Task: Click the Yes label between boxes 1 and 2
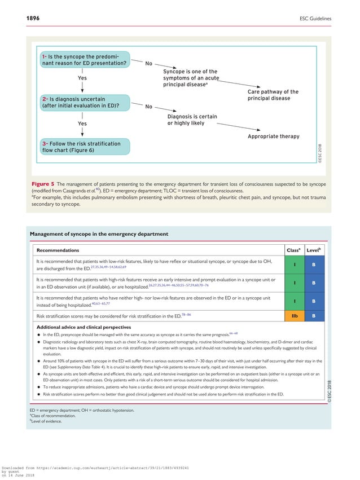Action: (x=82, y=78)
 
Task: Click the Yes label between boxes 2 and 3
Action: (x=82, y=123)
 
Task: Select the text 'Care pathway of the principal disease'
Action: (x=273, y=95)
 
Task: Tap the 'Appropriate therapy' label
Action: (x=273, y=136)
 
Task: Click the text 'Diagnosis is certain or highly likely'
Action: (x=192, y=120)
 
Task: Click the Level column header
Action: (x=313, y=250)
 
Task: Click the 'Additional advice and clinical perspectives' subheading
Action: (x=84, y=327)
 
